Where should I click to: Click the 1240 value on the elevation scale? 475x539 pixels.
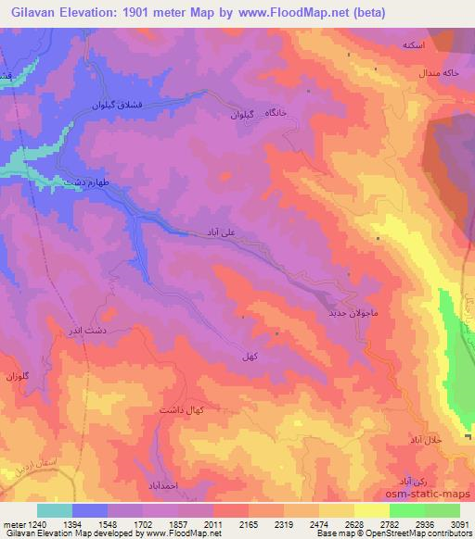tap(29, 524)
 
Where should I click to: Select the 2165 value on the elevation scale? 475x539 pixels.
tap(247, 524)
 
